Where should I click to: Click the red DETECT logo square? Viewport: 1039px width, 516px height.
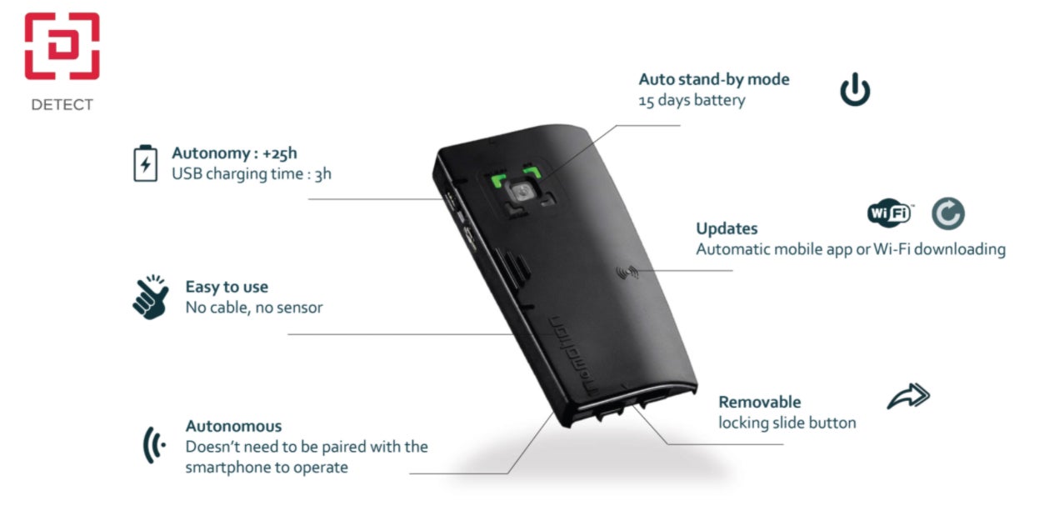point(62,46)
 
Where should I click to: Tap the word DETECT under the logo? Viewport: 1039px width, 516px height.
point(62,105)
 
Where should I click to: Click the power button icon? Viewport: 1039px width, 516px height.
point(855,90)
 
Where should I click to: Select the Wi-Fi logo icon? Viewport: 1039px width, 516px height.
point(890,214)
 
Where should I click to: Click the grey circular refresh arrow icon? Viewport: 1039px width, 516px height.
point(947,214)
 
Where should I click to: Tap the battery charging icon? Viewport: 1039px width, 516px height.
point(145,163)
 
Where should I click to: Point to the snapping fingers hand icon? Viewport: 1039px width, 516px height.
point(151,297)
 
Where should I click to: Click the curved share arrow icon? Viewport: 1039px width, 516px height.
point(907,397)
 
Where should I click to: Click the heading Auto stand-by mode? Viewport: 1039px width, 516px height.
point(713,80)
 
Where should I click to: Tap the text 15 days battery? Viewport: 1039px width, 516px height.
point(692,101)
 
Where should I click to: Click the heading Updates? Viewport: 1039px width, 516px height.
point(727,228)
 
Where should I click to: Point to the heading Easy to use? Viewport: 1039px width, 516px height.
point(227,288)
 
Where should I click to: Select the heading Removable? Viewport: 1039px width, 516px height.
point(759,402)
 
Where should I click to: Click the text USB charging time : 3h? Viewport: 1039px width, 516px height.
point(252,174)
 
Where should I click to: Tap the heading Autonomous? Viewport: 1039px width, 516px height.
point(233,426)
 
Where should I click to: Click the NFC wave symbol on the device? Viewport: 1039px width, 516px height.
point(624,271)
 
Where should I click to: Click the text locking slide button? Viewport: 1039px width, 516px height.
point(787,423)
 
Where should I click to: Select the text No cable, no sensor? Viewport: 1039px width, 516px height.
point(253,308)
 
